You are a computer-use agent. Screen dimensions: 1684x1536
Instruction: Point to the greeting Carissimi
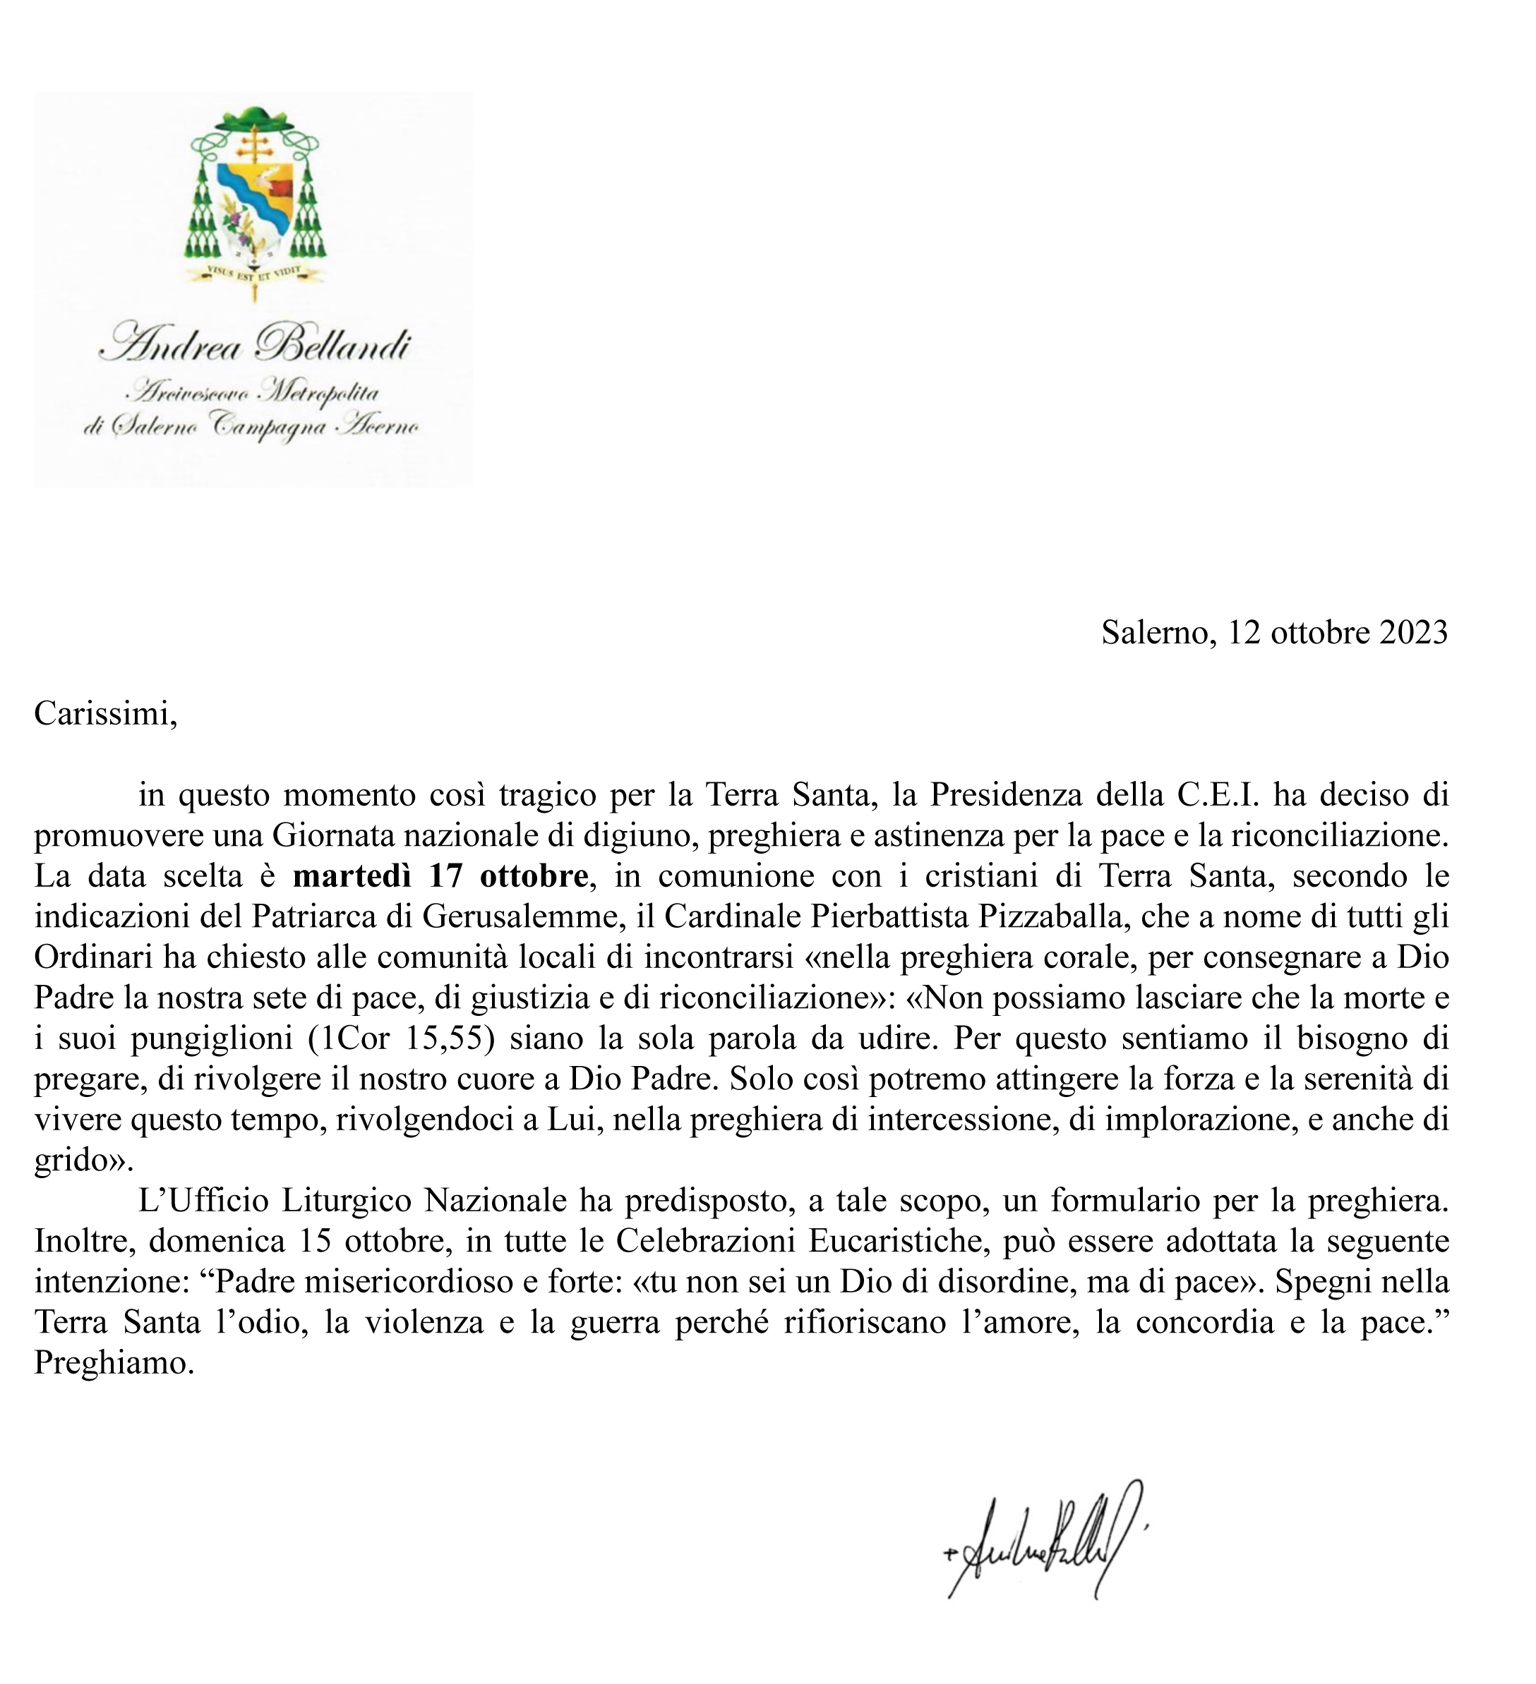pos(105,713)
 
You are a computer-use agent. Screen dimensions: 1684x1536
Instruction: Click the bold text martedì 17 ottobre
pos(440,876)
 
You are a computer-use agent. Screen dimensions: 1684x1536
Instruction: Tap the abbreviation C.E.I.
pos(1220,794)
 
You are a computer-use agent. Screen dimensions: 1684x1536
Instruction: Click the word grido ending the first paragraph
pos(78,1161)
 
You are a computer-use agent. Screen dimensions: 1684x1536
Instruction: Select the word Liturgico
pos(349,1202)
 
